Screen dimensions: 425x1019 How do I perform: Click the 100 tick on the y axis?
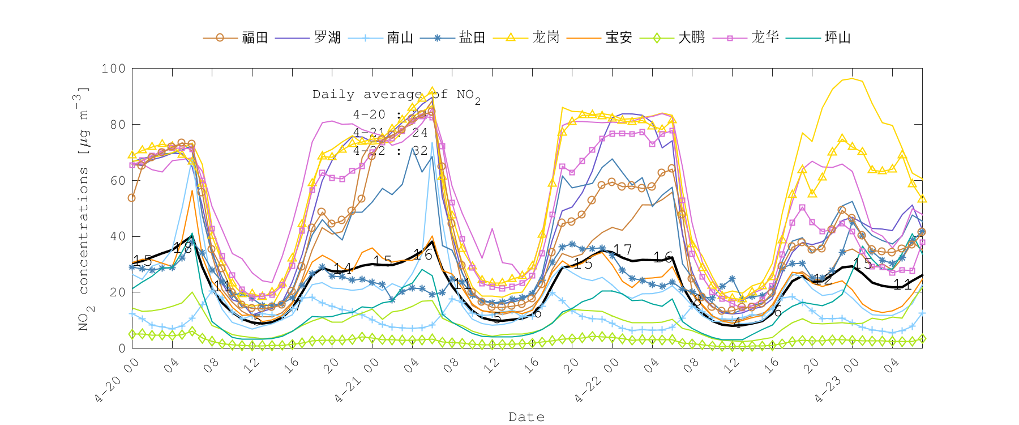point(113,69)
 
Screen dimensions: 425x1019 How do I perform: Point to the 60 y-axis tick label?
point(117,181)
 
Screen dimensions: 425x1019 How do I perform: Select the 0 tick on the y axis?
point(122,348)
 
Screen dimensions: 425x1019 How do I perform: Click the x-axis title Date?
point(526,417)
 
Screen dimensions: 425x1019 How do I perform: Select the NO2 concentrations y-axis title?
point(83,209)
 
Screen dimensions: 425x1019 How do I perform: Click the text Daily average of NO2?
point(396,95)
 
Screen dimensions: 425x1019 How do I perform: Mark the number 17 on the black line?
point(622,250)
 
